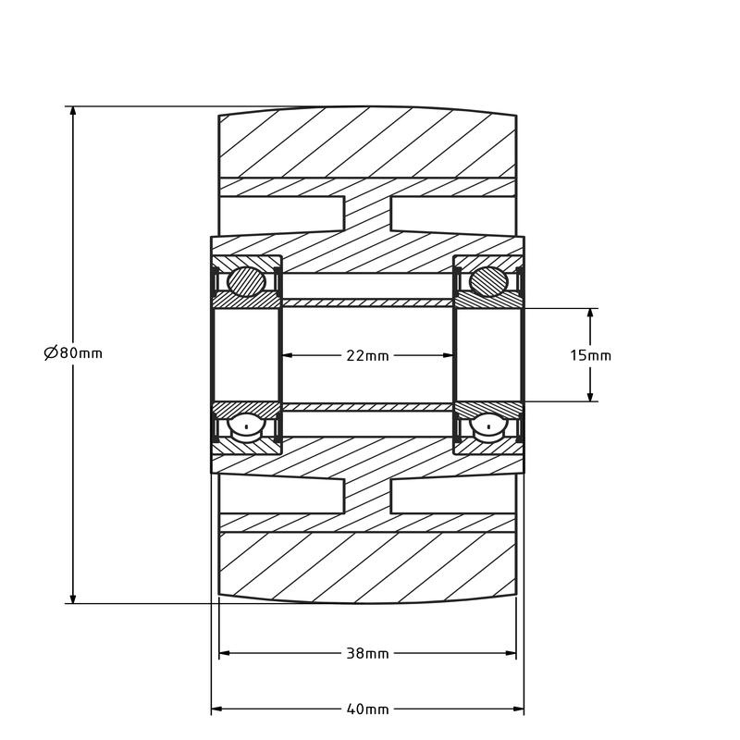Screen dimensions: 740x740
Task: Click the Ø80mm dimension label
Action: [x=73, y=352]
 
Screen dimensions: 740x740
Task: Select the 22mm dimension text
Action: [x=367, y=355]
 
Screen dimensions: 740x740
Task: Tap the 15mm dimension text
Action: [x=590, y=355]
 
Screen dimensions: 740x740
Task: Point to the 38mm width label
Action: [x=367, y=653]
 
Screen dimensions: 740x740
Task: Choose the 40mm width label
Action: [x=367, y=709]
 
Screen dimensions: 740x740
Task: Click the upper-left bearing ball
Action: [x=247, y=281]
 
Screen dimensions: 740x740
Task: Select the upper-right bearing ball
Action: [x=488, y=281]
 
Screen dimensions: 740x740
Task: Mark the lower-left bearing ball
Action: [x=247, y=425]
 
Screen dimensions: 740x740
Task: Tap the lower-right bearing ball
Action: [x=488, y=425]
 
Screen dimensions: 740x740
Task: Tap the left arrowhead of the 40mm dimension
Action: [x=217, y=709]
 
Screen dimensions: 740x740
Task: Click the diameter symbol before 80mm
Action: [x=50, y=352]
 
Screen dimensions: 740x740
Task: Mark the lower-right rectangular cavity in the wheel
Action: [x=453, y=496]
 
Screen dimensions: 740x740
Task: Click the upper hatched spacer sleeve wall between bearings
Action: [x=367, y=302]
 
